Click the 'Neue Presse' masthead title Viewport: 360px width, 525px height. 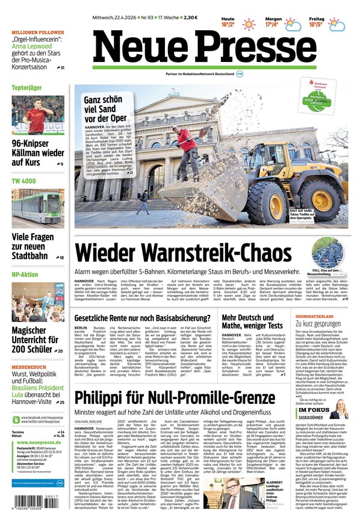point(205,48)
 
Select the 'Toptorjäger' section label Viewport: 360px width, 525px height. point(28,88)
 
